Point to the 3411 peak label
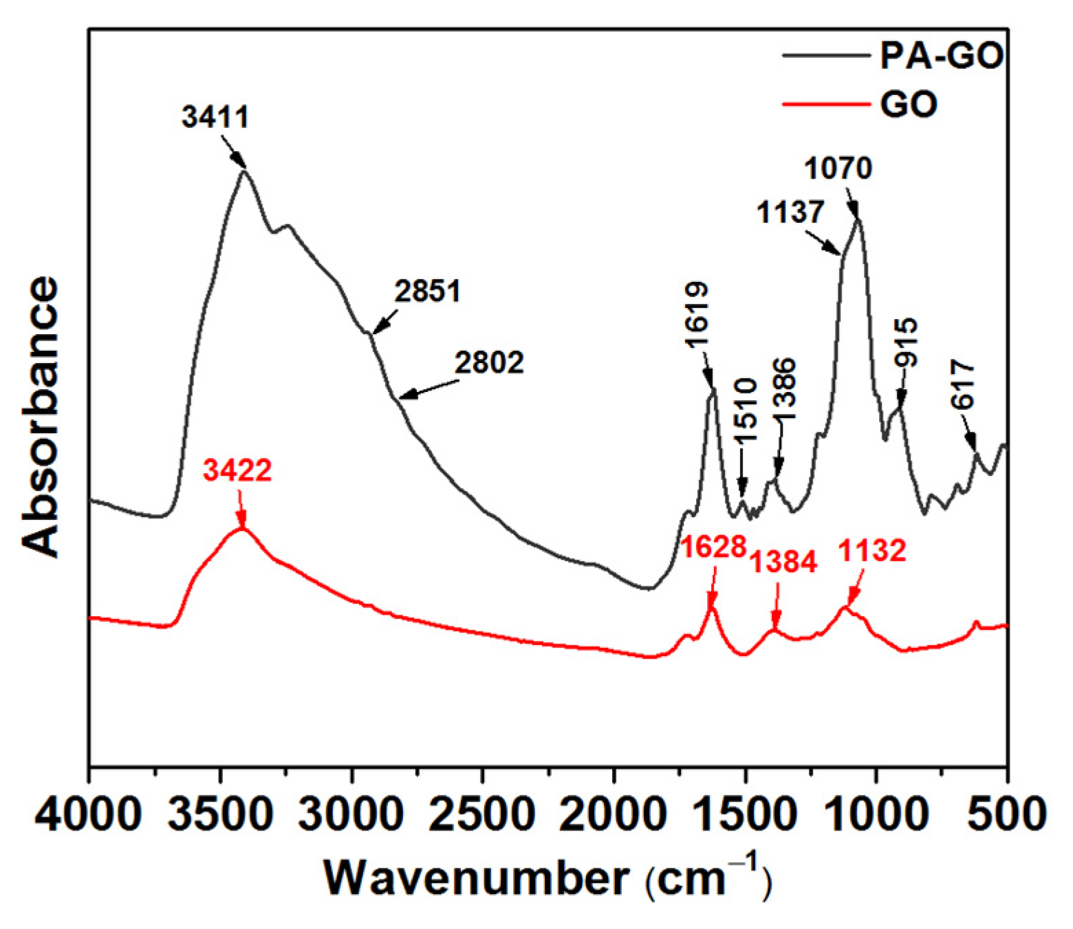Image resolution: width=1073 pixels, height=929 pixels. pyautogui.click(x=215, y=117)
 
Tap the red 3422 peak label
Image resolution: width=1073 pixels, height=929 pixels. pyautogui.click(x=238, y=471)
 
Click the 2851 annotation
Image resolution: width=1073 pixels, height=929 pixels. pyautogui.click(x=427, y=292)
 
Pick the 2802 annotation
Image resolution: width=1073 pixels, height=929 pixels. pyautogui.click(x=489, y=362)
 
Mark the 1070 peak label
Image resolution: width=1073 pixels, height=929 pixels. pyautogui.click(x=838, y=168)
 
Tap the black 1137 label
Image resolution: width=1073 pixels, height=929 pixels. pyautogui.click(x=790, y=212)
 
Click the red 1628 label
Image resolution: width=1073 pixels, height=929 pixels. pyautogui.click(x=713, y=547)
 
